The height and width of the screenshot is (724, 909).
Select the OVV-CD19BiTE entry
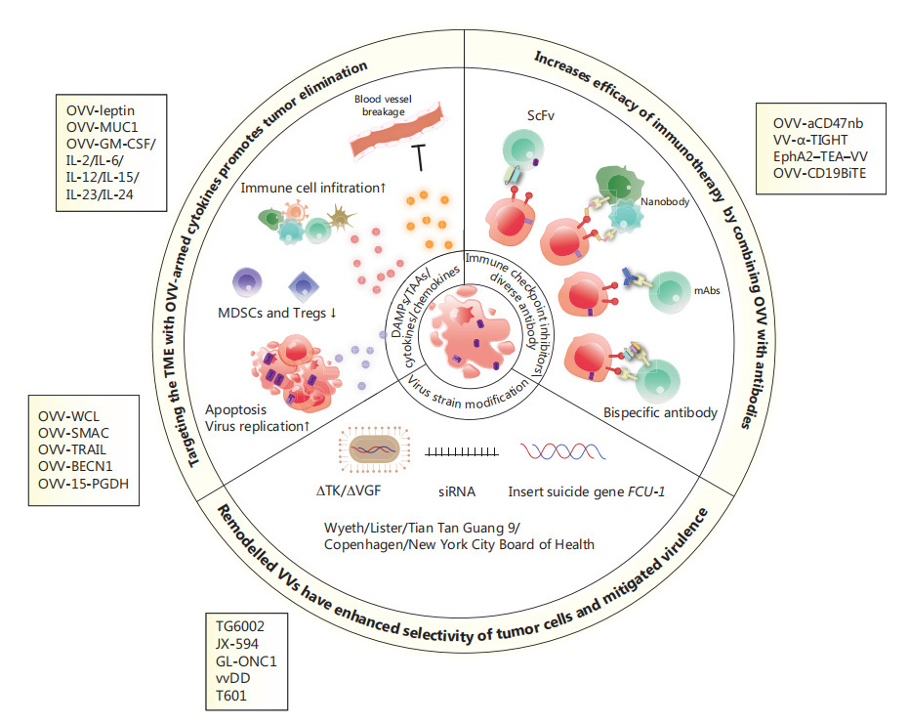[819, 174]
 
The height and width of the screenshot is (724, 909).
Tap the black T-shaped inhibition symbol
[416, 155]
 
